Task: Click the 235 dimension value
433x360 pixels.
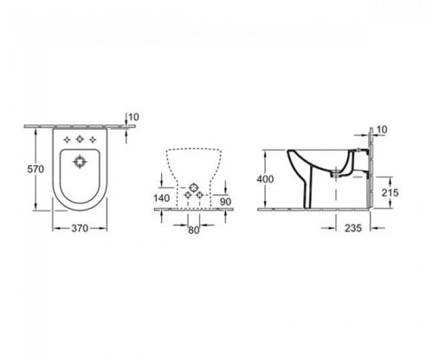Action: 350,228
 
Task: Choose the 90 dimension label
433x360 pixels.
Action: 226,202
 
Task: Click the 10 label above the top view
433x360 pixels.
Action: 132,117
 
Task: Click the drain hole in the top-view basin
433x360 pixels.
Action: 81,160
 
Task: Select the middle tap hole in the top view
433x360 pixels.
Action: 81,139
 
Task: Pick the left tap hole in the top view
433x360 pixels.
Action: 66,139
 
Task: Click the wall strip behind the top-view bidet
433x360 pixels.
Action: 81,126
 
